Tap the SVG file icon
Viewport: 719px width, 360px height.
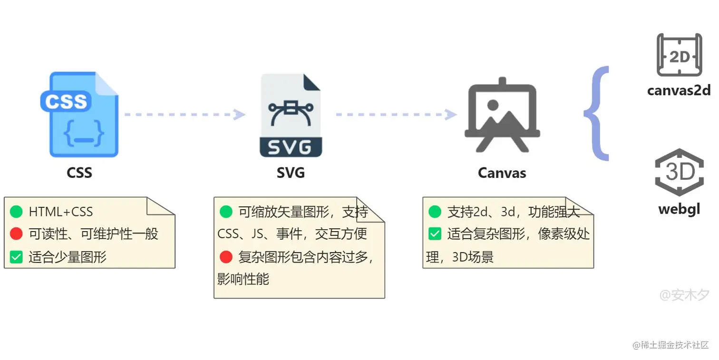[291, 115]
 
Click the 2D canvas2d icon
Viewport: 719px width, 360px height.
[679, 55]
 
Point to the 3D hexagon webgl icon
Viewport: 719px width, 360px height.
[679, 172]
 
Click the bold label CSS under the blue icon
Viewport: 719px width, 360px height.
[79, 172]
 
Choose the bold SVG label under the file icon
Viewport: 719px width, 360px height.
[291, 172]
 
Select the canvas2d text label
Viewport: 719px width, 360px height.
[679, 90]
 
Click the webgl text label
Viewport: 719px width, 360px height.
[679, 208]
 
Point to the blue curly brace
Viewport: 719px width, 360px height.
[596, 114]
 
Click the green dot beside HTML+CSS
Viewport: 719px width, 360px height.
[16, 211]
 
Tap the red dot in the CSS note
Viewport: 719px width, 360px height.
[16, 234]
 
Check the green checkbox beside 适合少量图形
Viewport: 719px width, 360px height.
[16, 257]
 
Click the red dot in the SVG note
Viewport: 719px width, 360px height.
[226, 257]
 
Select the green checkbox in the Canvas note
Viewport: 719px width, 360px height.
[435, 234]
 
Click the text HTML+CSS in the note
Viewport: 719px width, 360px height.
[61, 212]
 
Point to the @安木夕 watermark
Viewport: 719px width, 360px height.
[684, 295]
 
